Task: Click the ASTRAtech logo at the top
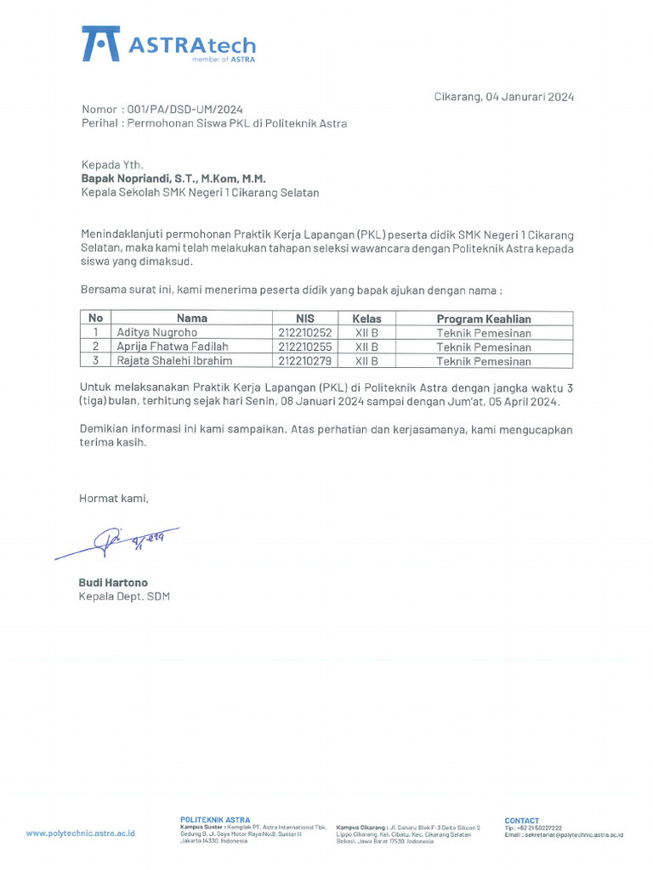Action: tap(168, 44)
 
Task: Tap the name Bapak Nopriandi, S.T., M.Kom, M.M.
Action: tap(173, 179)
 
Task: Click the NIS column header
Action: tap(305, 319)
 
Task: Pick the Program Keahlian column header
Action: tap(484, 319)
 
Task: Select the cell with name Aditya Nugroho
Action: tap(156, 333)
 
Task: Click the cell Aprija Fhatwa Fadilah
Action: tap(173, 347)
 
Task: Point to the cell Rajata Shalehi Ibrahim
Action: tap(175, 361)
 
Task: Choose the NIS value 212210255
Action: tap(305, 347)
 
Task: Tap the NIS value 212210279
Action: tap(305, 361)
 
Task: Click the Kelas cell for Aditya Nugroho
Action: tap(366, 333)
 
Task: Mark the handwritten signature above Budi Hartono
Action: tap(119, 542)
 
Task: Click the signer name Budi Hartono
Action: tap(113, 583)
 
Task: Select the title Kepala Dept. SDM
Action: tap(124, 596)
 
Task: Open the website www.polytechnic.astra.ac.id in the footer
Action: tap(80, 833)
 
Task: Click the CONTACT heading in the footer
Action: tap(522, 821)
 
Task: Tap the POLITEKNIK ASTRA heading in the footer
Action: tap(215, 820)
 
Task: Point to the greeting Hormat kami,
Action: tap(114, 499)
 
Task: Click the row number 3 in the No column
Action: tap(96, 361)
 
